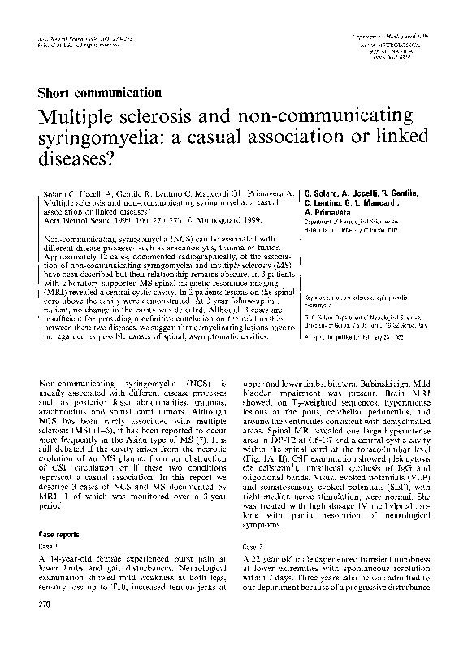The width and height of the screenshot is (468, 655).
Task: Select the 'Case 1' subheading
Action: click(50, 548)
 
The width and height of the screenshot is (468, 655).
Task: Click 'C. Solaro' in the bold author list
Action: click(324, 196)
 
